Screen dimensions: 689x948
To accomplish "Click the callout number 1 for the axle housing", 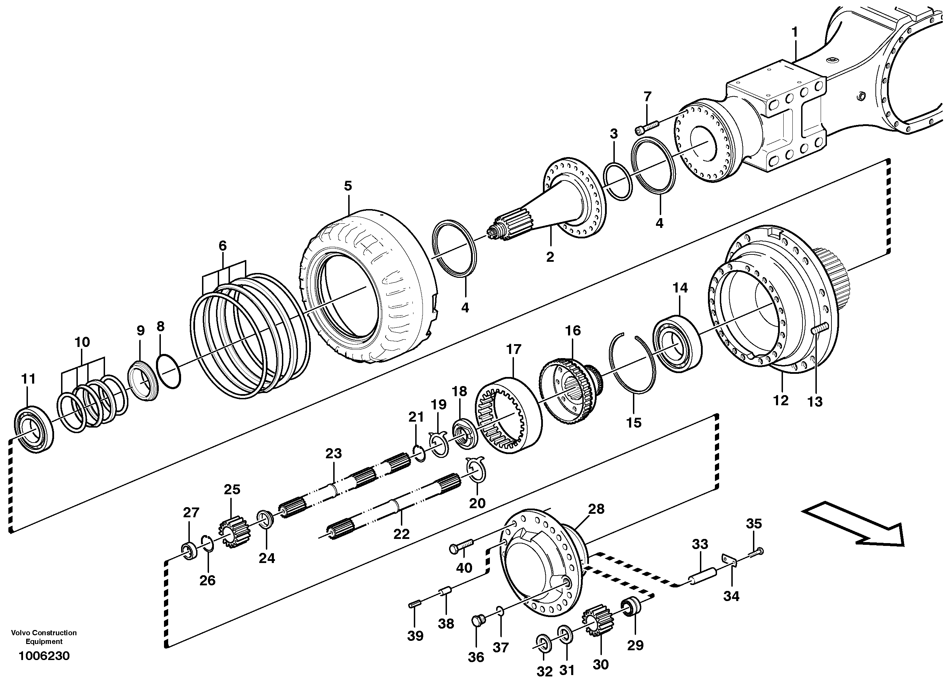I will (x=794, y=32).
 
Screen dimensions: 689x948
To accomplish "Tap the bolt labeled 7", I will (x=647, y=126).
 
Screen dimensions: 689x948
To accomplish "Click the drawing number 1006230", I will (x=44, y=656).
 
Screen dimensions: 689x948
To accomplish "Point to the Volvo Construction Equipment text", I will (x=44, y=637).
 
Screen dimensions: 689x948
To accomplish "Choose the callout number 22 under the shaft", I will (x=401, y=534).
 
